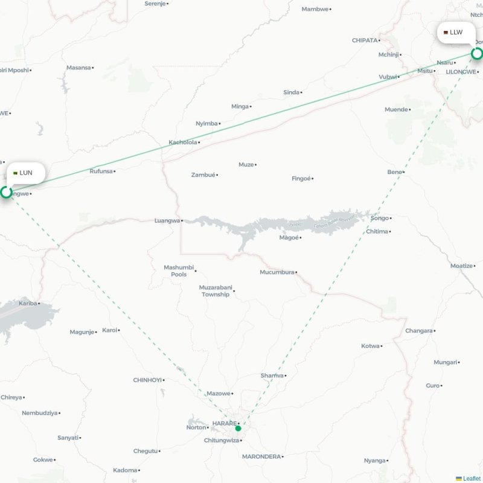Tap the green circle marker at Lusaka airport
(6, 192)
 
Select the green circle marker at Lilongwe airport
(477, 54)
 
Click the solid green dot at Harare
(238, 428)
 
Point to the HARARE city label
(224, 423)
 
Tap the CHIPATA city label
(364, 40)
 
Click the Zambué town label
(203, 174)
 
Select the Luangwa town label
(167, 220)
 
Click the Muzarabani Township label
(216, 291)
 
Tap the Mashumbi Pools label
(179, 270)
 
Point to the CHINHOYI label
(147, 380)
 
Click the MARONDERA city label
(261, 456)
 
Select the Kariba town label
(28, 303)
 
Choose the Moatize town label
(462, 266)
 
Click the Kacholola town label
(183, 142)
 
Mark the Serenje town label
(155, 4)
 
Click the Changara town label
(418, 331)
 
